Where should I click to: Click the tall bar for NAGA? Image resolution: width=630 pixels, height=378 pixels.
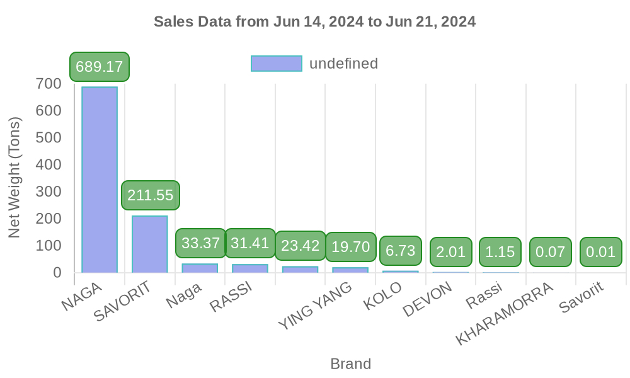pyautogui.click(x=100, y=180)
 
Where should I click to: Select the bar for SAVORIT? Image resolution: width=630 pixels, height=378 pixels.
pyautogui.click(x=150, y=244)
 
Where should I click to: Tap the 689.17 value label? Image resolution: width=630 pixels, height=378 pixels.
pyautogui.click(x=100, y=67)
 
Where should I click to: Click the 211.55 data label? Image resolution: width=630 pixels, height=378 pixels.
pyautogui.click(x=150, y=195)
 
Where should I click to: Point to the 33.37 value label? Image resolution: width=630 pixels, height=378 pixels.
pyautogui.click(x=200, y=243)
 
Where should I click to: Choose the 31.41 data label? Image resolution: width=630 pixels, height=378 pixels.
pyautogui.click(x=250, y=243)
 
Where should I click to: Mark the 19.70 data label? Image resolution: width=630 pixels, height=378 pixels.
pyautogui.click(x=350, y=247)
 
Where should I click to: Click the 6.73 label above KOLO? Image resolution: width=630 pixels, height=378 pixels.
pyautogui.click(x=400, y=251)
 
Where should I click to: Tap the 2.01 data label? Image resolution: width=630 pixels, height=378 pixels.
pyautogui.click(x=450, y=252)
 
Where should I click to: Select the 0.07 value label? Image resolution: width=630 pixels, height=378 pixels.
pyautogui.click(x=551, y=252)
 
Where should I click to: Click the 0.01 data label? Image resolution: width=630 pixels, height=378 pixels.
pyautogui.click(x=600, y=252)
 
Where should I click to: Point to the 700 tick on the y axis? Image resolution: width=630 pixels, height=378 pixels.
pyautogui.click(x=49, y=84)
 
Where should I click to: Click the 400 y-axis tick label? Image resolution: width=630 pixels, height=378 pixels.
pyautogui.click(x=49, y=165)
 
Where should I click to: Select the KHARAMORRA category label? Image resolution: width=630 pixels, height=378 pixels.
pyautogui.click(x=505, y=314)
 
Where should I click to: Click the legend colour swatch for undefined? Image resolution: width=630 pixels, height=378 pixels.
pyautogui.click(x=276, y=64)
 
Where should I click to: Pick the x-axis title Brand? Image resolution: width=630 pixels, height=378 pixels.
pyautogui.click(x=350, y=364)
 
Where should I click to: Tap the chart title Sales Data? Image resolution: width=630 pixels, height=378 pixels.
pyautogui.click(x=315, y=22)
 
